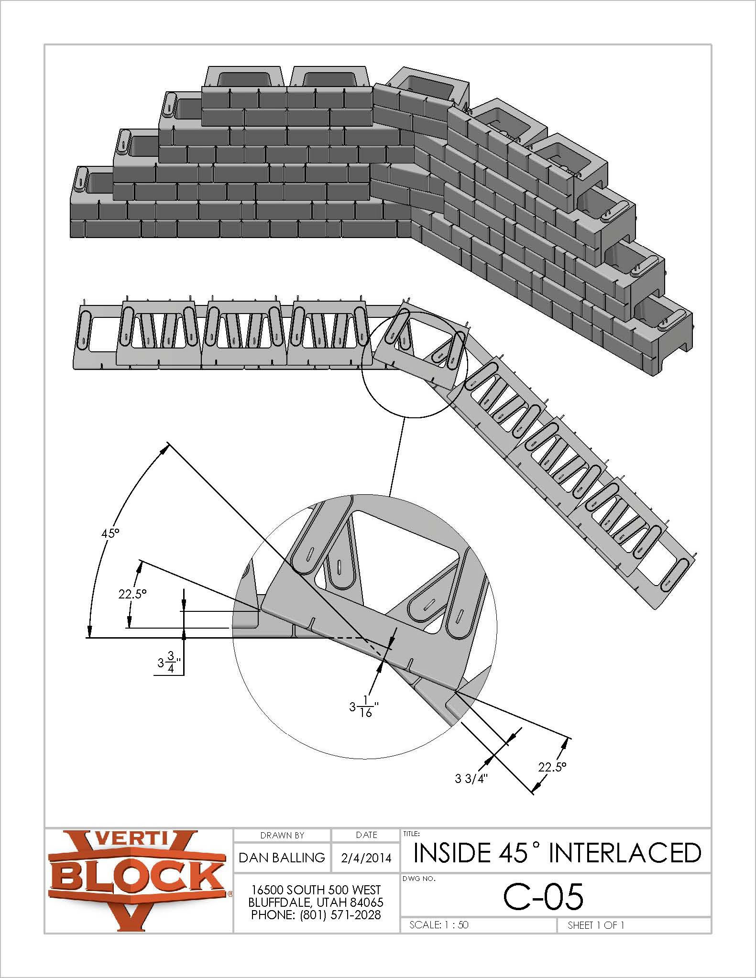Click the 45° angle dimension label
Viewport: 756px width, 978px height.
110,533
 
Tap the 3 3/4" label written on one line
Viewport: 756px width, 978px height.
471,778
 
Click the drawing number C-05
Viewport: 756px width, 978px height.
543,897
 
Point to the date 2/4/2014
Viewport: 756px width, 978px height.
366,858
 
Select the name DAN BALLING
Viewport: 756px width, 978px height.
282,858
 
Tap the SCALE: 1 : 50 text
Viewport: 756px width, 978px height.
439,924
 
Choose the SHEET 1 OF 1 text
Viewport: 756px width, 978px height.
596,925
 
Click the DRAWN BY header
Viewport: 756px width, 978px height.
282,835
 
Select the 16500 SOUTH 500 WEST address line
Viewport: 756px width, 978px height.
316,890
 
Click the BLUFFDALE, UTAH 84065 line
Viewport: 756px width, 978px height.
316,902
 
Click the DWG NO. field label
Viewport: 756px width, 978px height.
419,879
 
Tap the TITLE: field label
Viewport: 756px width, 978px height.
412,833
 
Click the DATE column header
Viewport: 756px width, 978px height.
366,835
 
